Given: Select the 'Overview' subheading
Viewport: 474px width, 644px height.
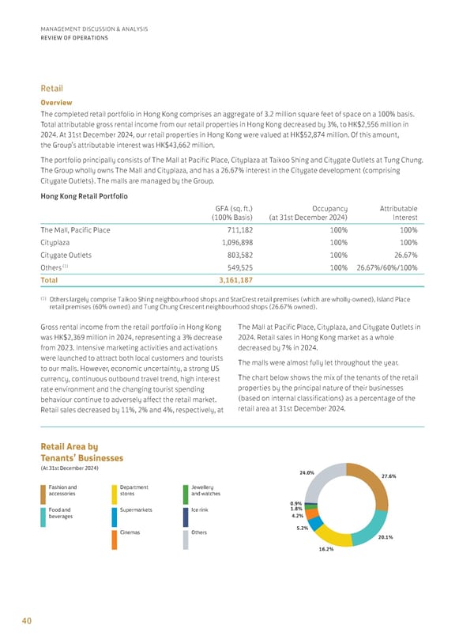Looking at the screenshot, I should [x=56, y=102].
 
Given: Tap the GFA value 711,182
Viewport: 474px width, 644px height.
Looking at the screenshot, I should [x=236, y=230].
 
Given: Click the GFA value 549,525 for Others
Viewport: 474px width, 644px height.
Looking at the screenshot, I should [x=236, y=267].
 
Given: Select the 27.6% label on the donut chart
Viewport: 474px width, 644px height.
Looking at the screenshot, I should [x=388, y=476].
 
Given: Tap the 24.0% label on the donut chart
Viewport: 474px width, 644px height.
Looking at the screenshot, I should [x=307, y=472].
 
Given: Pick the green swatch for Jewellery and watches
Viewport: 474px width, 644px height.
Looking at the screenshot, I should [x=185, y=494].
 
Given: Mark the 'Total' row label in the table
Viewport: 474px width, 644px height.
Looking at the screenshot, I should [x=50, y=280].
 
